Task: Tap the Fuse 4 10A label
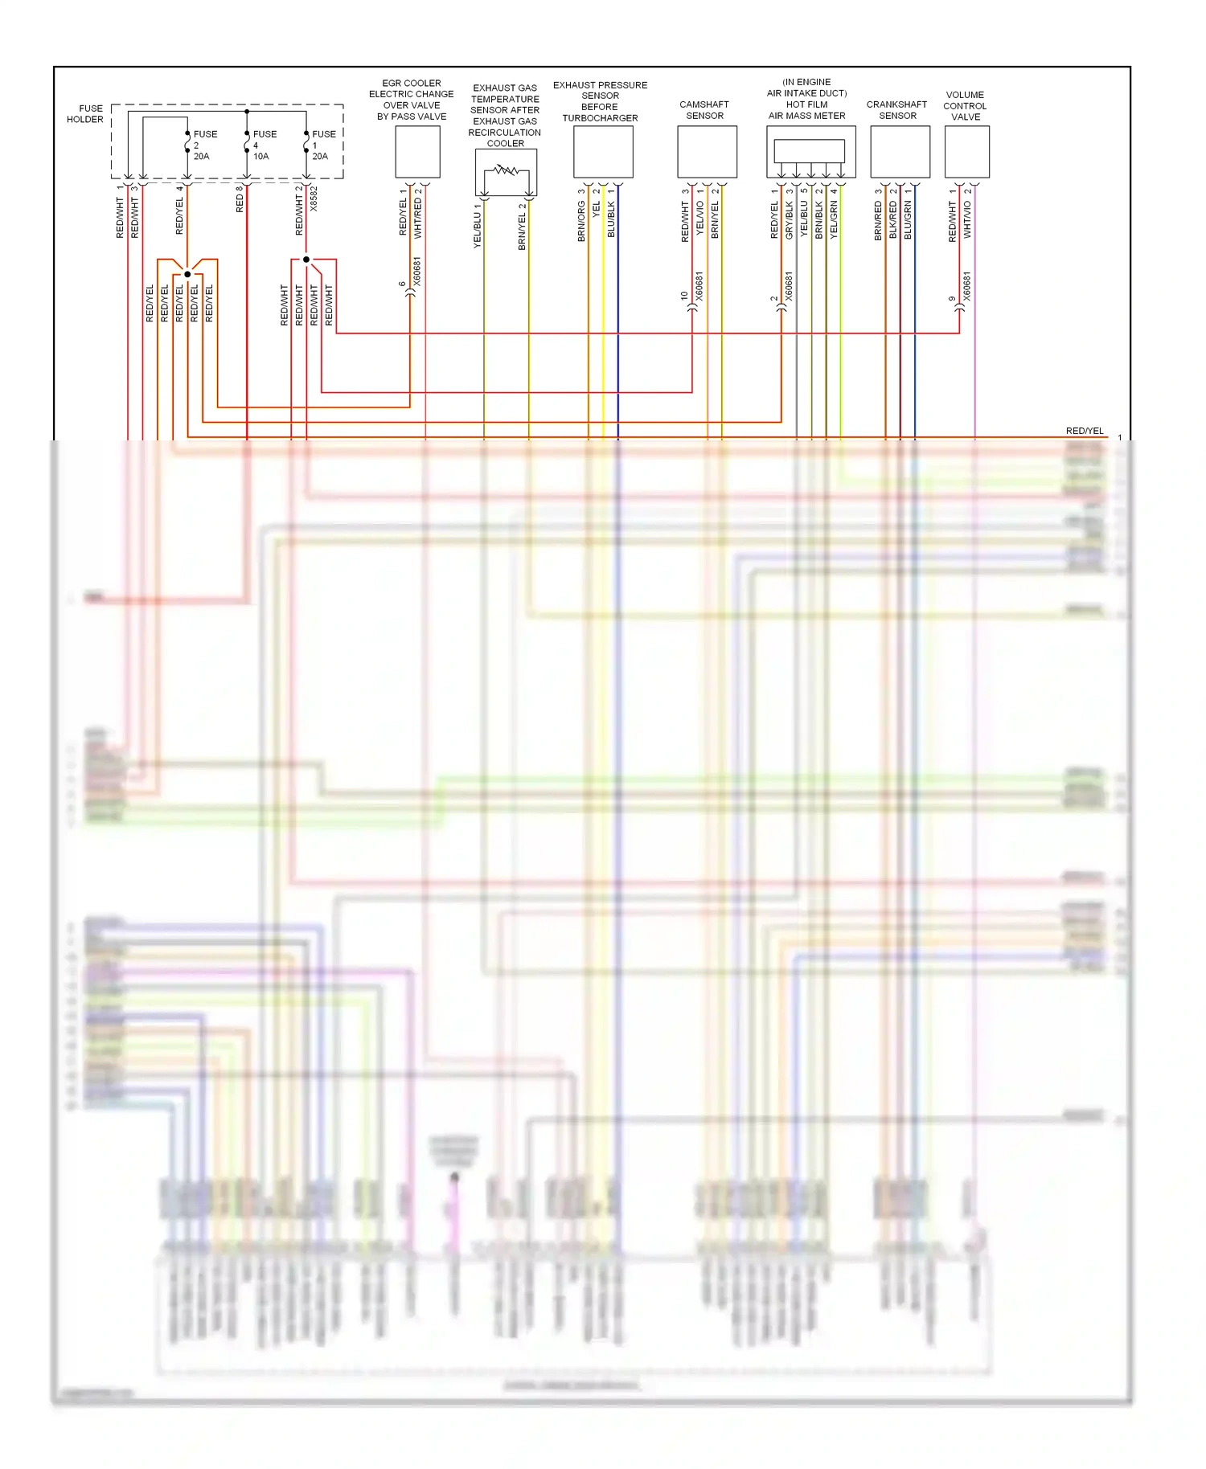(264, 145)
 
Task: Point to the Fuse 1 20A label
(322, 145)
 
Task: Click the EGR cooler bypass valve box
(417, 152)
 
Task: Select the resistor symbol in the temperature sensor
(506, 170)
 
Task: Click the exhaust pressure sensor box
(603, 152)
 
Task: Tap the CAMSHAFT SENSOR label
(704, 110)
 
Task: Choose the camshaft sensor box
(707, 152)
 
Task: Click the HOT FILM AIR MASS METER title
(806, 99)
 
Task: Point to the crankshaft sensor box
(900, 152)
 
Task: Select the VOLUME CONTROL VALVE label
(965, 106)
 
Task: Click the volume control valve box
(966, 152)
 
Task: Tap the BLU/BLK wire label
(611, 219)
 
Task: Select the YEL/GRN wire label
(834, 219)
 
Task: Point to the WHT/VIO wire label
(967, 219)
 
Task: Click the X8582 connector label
(314, 198)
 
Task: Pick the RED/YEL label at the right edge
(1085, 431)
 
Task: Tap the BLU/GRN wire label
(908, 219)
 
